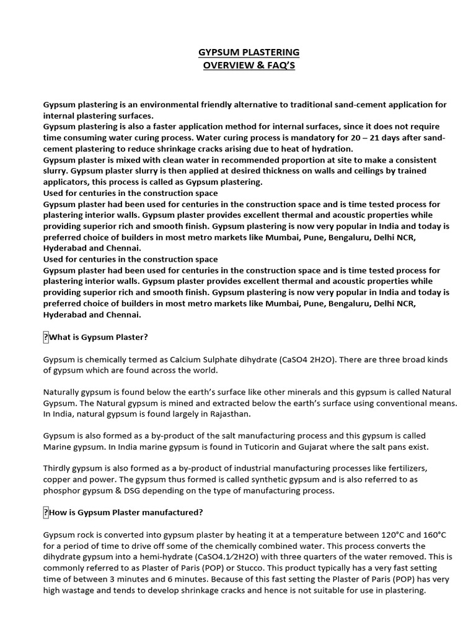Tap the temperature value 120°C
375,535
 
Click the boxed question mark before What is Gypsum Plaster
45,337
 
